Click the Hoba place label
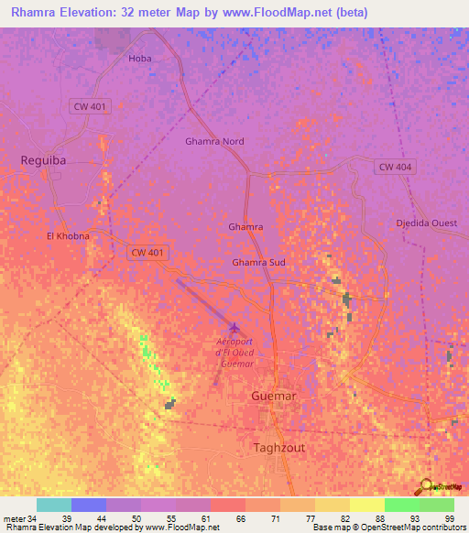(139, 59)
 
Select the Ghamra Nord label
(214, 142)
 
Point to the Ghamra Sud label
(258, 262)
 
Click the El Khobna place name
(69, 236)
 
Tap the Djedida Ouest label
(426, 223)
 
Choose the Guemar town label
(274, 396)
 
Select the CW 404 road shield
(395, 167)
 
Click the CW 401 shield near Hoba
(90, 107)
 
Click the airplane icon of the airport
(235, 327)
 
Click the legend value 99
(449, 517)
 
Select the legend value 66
(240, 517)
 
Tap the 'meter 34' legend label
(19, 517)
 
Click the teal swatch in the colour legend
(54, 505)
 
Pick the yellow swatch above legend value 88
(367, 505)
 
